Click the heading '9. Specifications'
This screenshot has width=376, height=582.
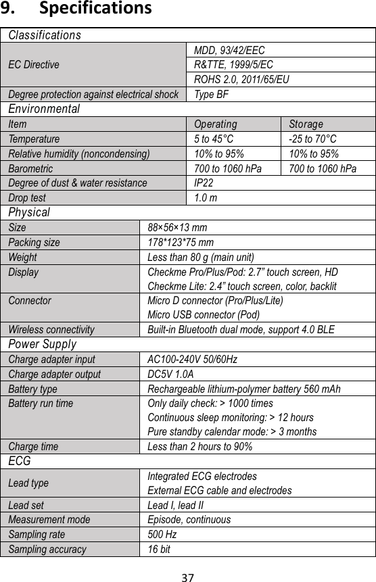pos(76,9)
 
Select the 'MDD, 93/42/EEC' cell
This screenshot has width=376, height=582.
pos(229,50)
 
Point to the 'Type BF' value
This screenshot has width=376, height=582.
pos(211,94)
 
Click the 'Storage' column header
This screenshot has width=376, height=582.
pos(306,124)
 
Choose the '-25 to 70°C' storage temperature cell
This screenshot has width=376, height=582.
pos(312,139)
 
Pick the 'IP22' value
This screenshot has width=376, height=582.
pos(204,183)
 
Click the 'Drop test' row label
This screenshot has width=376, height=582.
pos(27,197)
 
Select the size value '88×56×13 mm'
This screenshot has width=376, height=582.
pos(177,227)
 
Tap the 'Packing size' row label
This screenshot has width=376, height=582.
pos(34,242)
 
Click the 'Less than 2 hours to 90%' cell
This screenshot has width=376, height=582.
pos(200,447)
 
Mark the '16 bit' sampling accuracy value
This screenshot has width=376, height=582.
pos(159,549)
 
